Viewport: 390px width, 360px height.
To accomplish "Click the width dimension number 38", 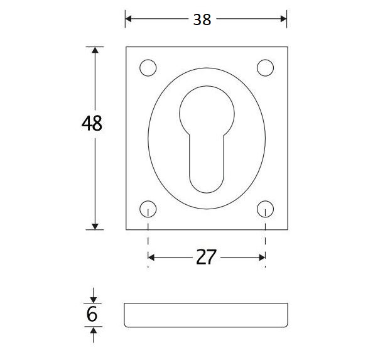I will point(202,19).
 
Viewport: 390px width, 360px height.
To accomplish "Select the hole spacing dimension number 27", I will point(206,257).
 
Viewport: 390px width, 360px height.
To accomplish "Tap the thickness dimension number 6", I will point(92,314).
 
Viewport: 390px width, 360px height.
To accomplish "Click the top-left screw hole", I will point(148,67).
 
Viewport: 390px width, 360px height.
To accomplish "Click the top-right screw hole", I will point(265,67).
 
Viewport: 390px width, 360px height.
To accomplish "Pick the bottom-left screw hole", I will point(148,209).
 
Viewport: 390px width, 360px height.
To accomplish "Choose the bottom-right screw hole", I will point(265,209).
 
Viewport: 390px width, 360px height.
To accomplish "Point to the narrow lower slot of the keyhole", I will point(207,166).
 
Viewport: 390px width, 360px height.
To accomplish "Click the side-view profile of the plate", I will point(206,315).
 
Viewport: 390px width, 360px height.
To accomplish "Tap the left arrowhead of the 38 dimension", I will point(129,19).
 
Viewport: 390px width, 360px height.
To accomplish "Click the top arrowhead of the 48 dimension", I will point(95,51).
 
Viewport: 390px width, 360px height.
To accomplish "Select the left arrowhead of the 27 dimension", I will point(151,257).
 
